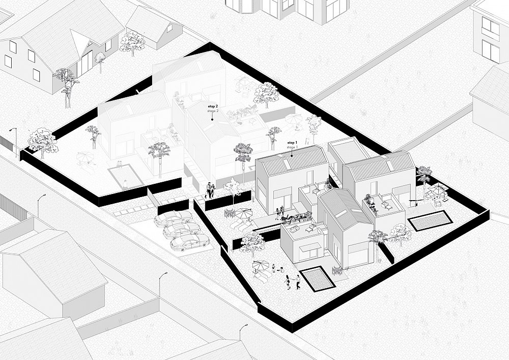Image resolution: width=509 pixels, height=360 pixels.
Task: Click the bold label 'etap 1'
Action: pyautogui.click(x=291, y=143)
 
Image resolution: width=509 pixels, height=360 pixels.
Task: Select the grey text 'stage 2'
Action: pyautogui.click(x=213, y=111)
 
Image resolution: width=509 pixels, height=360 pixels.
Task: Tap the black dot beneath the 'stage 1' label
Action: pyautogui.click(x=292, y=155)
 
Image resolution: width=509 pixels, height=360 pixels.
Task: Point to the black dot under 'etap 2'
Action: pyautogui.click(x=212, y=120)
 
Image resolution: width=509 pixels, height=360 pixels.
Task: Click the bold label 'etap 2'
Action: pyautogui.click(x=213, y=106)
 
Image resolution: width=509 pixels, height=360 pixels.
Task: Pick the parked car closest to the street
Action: pyautogui.click(x=188, y=242)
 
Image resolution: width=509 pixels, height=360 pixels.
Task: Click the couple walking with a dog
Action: pyautogui.click(x=209, y=190)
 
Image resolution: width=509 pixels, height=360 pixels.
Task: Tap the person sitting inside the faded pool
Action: pyautogui.click(x=125, y=184)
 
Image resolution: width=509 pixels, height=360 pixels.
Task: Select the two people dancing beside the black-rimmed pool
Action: pyautogui.click(x=293, y=281)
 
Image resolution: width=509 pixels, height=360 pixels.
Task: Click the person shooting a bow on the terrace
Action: pyautogui.click(x=414, y=203)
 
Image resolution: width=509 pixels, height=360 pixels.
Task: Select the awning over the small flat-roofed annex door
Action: pyautogui.click(x=307, y=248)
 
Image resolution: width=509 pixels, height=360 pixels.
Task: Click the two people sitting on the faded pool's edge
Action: pyautogui.click(x=120, y=164)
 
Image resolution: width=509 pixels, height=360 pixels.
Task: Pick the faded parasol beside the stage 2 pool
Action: pyautogui.click(x=85, y=158)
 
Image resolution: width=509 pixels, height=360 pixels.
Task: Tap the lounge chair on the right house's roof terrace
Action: pyautogui.click(x=387, y=203)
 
